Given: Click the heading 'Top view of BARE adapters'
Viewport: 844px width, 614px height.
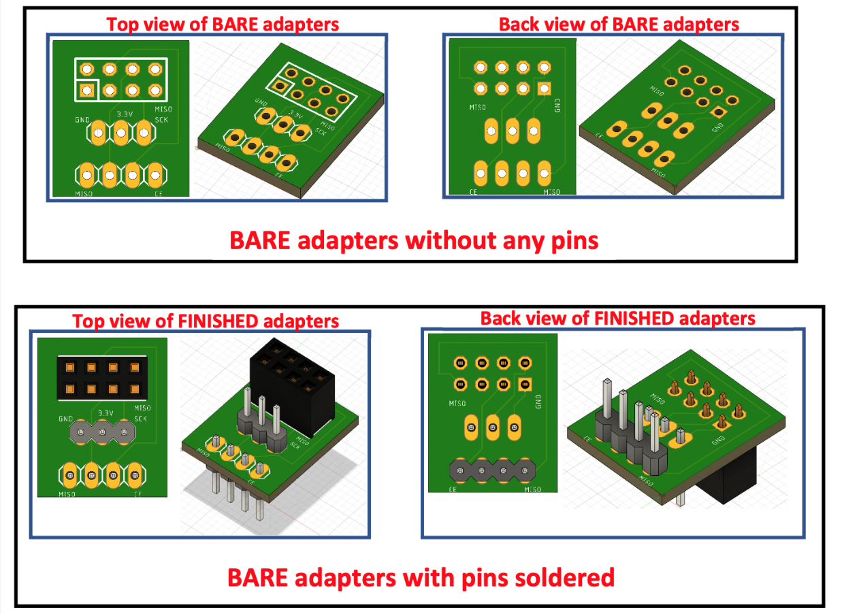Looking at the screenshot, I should pyautogui.click(x=223, y=25).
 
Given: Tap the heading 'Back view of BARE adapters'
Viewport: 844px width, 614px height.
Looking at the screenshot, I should pyautogui.click(x=619, y=25).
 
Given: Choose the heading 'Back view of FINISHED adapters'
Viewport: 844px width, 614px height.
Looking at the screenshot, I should pyautogui.click(x=617, y=318).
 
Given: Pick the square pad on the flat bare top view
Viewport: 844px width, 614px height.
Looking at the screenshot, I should pyautogui.click(x=86, y=89).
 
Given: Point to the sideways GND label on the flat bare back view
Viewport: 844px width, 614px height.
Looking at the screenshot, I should pyautogui.click(x=557, y=106).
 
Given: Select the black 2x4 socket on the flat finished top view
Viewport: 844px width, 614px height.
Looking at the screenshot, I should pyautogui.click(x=102, y=378).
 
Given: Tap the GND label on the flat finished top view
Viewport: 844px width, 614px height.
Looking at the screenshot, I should pyautogui.click(x=65, y=419).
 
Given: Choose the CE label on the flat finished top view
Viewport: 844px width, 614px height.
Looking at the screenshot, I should pyautogui.click(x=137, y=494).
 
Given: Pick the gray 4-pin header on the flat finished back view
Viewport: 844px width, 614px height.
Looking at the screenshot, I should pyautogui.click(x=492, y=470).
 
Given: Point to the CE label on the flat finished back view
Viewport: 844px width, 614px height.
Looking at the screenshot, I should pyautogui.click(x=451, y=489).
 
